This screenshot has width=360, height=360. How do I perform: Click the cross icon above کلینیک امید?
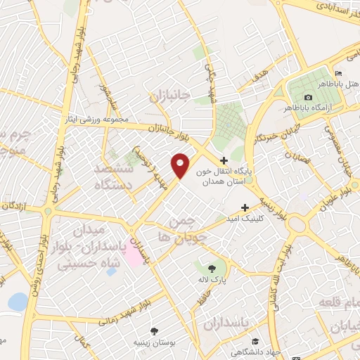(x=245, y=207)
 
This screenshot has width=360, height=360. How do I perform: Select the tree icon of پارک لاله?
(x=213, y=267)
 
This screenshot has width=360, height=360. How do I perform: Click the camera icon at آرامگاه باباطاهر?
(x=308, y=97)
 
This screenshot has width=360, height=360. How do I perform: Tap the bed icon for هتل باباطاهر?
(x=338, y=75)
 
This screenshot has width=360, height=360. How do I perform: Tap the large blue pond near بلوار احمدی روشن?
(x=18, y=302)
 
